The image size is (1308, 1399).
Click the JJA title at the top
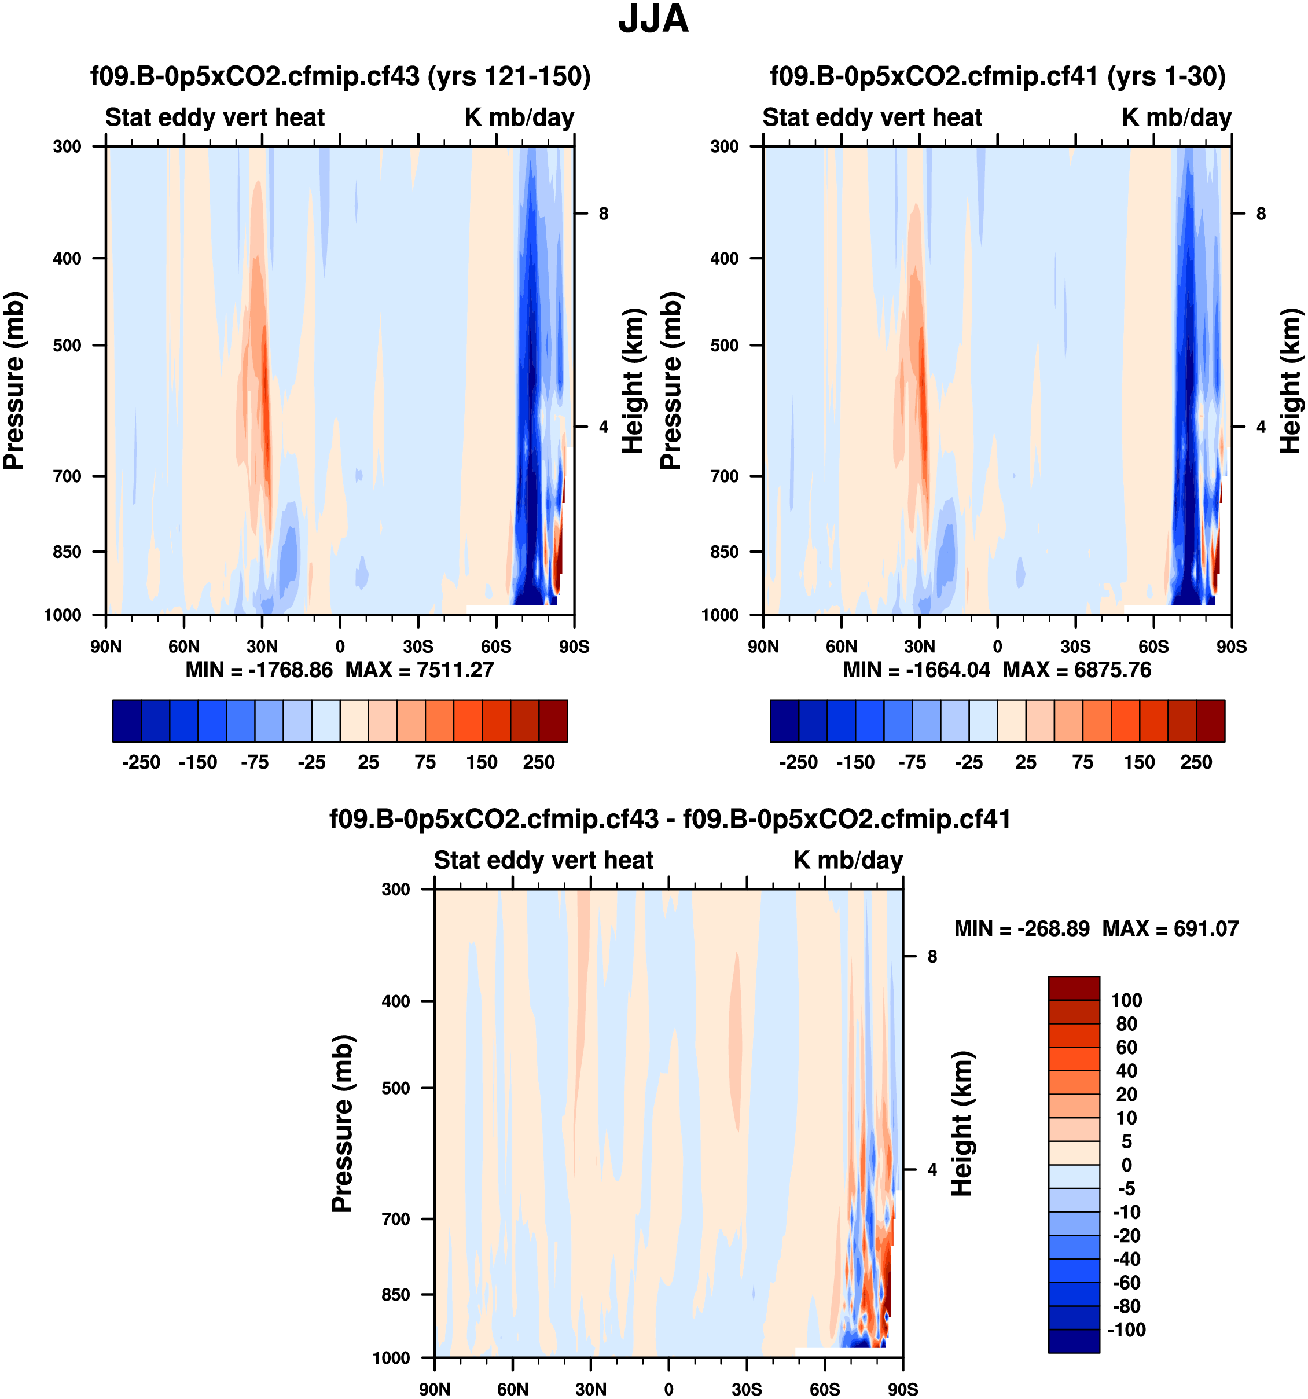(653, 20)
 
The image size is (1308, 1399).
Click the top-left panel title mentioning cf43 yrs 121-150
(340, 76)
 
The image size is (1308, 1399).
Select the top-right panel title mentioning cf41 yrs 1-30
(998, 76)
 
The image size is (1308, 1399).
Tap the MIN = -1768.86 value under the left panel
(259, 669)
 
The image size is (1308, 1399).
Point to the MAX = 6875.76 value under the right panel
(1076, 669)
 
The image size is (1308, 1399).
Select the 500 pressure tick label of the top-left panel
(68, 346)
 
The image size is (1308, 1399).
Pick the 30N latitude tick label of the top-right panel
(920, 647)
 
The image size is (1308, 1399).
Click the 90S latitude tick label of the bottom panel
(903, 1389)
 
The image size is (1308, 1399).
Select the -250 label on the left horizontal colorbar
(141, 762)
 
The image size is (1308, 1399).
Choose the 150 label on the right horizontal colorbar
(1139, 762)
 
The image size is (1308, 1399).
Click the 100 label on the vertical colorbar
(1126, 1000)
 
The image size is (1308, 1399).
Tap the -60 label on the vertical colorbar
(1126, 1282)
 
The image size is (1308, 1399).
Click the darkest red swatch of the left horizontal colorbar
(553, 721)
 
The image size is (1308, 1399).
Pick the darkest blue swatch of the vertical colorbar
(1074, 1341)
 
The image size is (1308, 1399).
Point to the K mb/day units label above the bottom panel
(848, 860)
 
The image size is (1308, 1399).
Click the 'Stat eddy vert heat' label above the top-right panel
(872, 117)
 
